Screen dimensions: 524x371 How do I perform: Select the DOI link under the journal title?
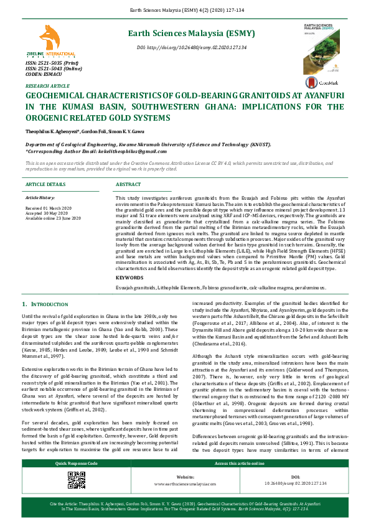pyautogui.click(x=192, y=48)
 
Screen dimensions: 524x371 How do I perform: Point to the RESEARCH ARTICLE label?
pyautogui.click(x=43, y=85)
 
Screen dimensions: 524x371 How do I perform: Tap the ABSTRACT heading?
pyautogui.click(x=128, y=185)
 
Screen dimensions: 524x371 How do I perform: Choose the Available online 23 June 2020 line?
pyautogui.click(x=53, y=218)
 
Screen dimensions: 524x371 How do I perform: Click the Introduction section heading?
pyautogui.click(x=45, y=304)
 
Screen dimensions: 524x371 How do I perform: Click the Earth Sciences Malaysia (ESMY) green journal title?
pyautogui.click(x=192, y=34)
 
